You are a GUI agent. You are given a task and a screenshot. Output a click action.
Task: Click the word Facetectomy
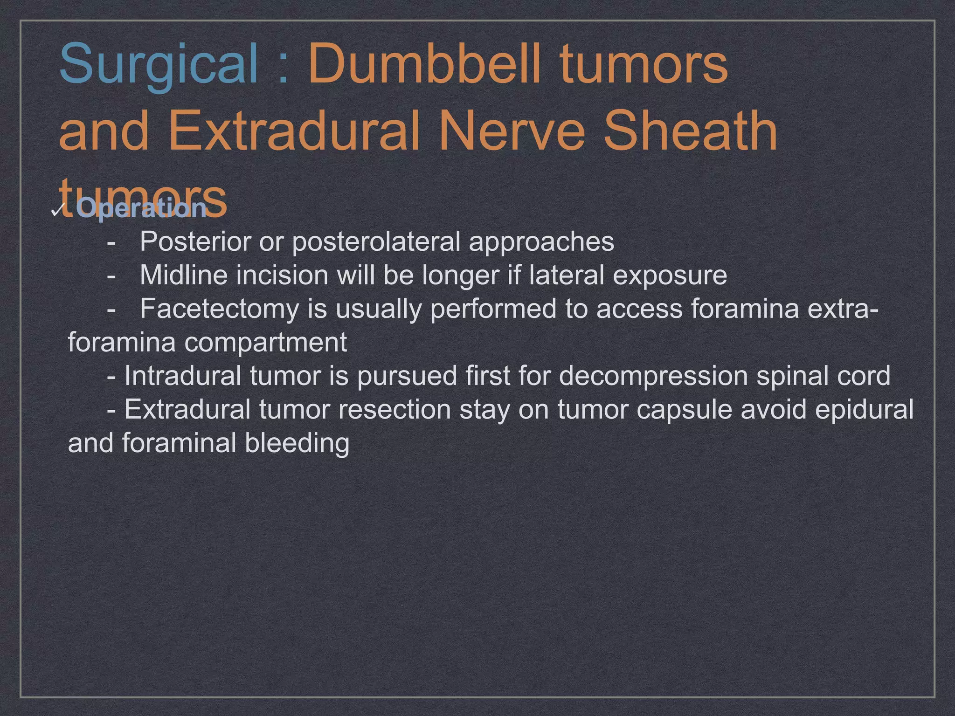219,309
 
